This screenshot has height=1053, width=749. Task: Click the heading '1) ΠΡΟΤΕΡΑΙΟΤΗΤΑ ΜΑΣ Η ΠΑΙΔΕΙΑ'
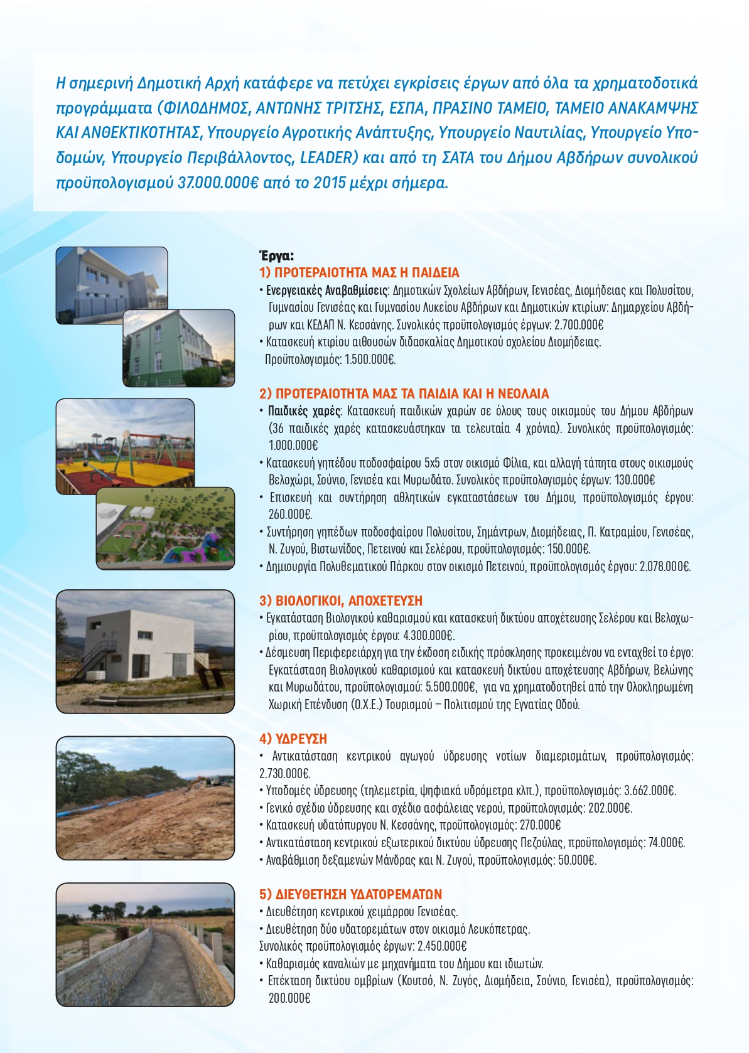tap(359, 273)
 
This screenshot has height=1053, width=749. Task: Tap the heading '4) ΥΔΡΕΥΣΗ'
tap(293, 739)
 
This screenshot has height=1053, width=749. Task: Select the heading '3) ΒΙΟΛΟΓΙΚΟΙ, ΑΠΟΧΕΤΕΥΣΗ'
tap(341, 601)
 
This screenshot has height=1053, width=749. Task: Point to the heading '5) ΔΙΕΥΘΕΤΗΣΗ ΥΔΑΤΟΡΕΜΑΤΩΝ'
tap(350, 894)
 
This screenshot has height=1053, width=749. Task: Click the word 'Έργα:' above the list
tap(276, 255)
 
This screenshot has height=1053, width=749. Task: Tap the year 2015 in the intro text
tap(330, 183)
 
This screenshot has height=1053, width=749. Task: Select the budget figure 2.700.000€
tap(578, 325)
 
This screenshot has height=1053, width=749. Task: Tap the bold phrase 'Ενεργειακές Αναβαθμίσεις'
tap(326, 291)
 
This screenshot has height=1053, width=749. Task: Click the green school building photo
tap(178, 349)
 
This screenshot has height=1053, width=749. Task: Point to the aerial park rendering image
tap(166, 529)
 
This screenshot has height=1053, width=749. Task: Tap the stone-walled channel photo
tap(145, 944)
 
